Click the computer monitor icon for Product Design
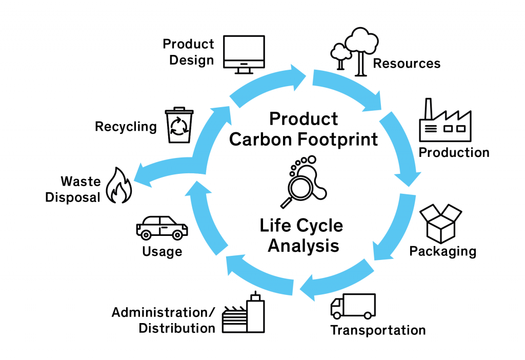(x=244, y=54)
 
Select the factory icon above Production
(x=446, y=120)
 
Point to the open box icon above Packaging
(x=441, y=224)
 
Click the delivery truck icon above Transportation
(x=353, y=306)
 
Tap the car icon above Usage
(x=161, y=228)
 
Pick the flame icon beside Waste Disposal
(x=119, y=185)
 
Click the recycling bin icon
(x=179, y=125)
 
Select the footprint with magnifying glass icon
(x=304, y=182)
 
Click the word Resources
(x=407, y=63)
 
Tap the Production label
(x=454, y=153)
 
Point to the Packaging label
(x=442, y=251)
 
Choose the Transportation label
(x=378, y=330)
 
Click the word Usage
(x=163, y=251)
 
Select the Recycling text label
(x=126, y=127)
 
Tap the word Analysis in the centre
(x=304, y=246)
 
